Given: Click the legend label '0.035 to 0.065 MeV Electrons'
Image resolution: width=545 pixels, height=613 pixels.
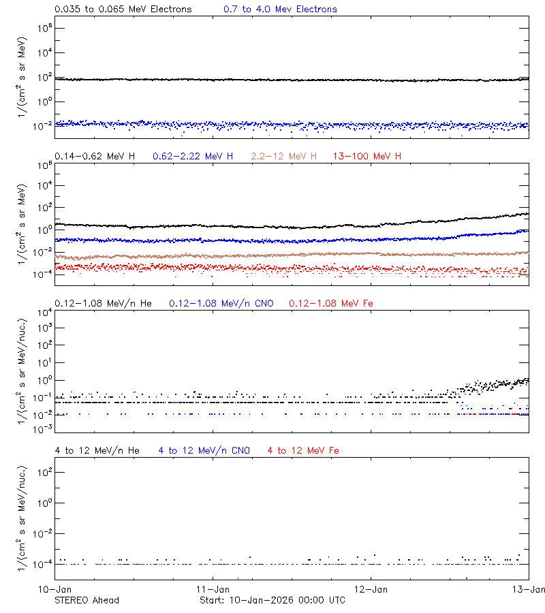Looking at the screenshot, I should (123, 10).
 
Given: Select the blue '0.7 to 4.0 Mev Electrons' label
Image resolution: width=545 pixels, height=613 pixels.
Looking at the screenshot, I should (280, 10).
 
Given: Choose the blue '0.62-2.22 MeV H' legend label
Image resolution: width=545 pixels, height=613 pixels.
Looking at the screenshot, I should (193, 157).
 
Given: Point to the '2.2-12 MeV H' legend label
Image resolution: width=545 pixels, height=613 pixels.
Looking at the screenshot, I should (284, 157).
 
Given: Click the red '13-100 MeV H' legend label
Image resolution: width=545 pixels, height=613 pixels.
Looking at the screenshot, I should (367, 157).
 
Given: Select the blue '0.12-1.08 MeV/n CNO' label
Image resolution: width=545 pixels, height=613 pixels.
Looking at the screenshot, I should (221, 303).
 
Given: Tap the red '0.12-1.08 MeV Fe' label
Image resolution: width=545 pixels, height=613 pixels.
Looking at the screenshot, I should (331, 303).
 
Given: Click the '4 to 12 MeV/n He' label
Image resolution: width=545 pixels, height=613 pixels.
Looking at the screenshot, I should (97, 450).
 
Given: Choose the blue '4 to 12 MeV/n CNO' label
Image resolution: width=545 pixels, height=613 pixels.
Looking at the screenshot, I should (204, 450).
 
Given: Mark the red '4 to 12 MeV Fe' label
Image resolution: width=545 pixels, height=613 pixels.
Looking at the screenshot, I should (304, 450).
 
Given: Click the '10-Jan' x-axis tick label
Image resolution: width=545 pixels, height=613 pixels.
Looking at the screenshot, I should (54, 588).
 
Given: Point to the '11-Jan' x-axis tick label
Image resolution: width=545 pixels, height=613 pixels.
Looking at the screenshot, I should (213, 588).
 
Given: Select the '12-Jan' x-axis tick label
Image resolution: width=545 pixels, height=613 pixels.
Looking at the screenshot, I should (371, 588).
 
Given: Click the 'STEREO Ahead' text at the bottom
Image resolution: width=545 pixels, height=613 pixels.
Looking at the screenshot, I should (87, 600).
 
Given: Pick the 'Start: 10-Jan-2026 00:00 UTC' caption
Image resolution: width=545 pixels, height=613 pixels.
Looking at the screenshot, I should (272, 600).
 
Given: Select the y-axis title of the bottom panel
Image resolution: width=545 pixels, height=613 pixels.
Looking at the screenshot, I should (23, 512).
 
